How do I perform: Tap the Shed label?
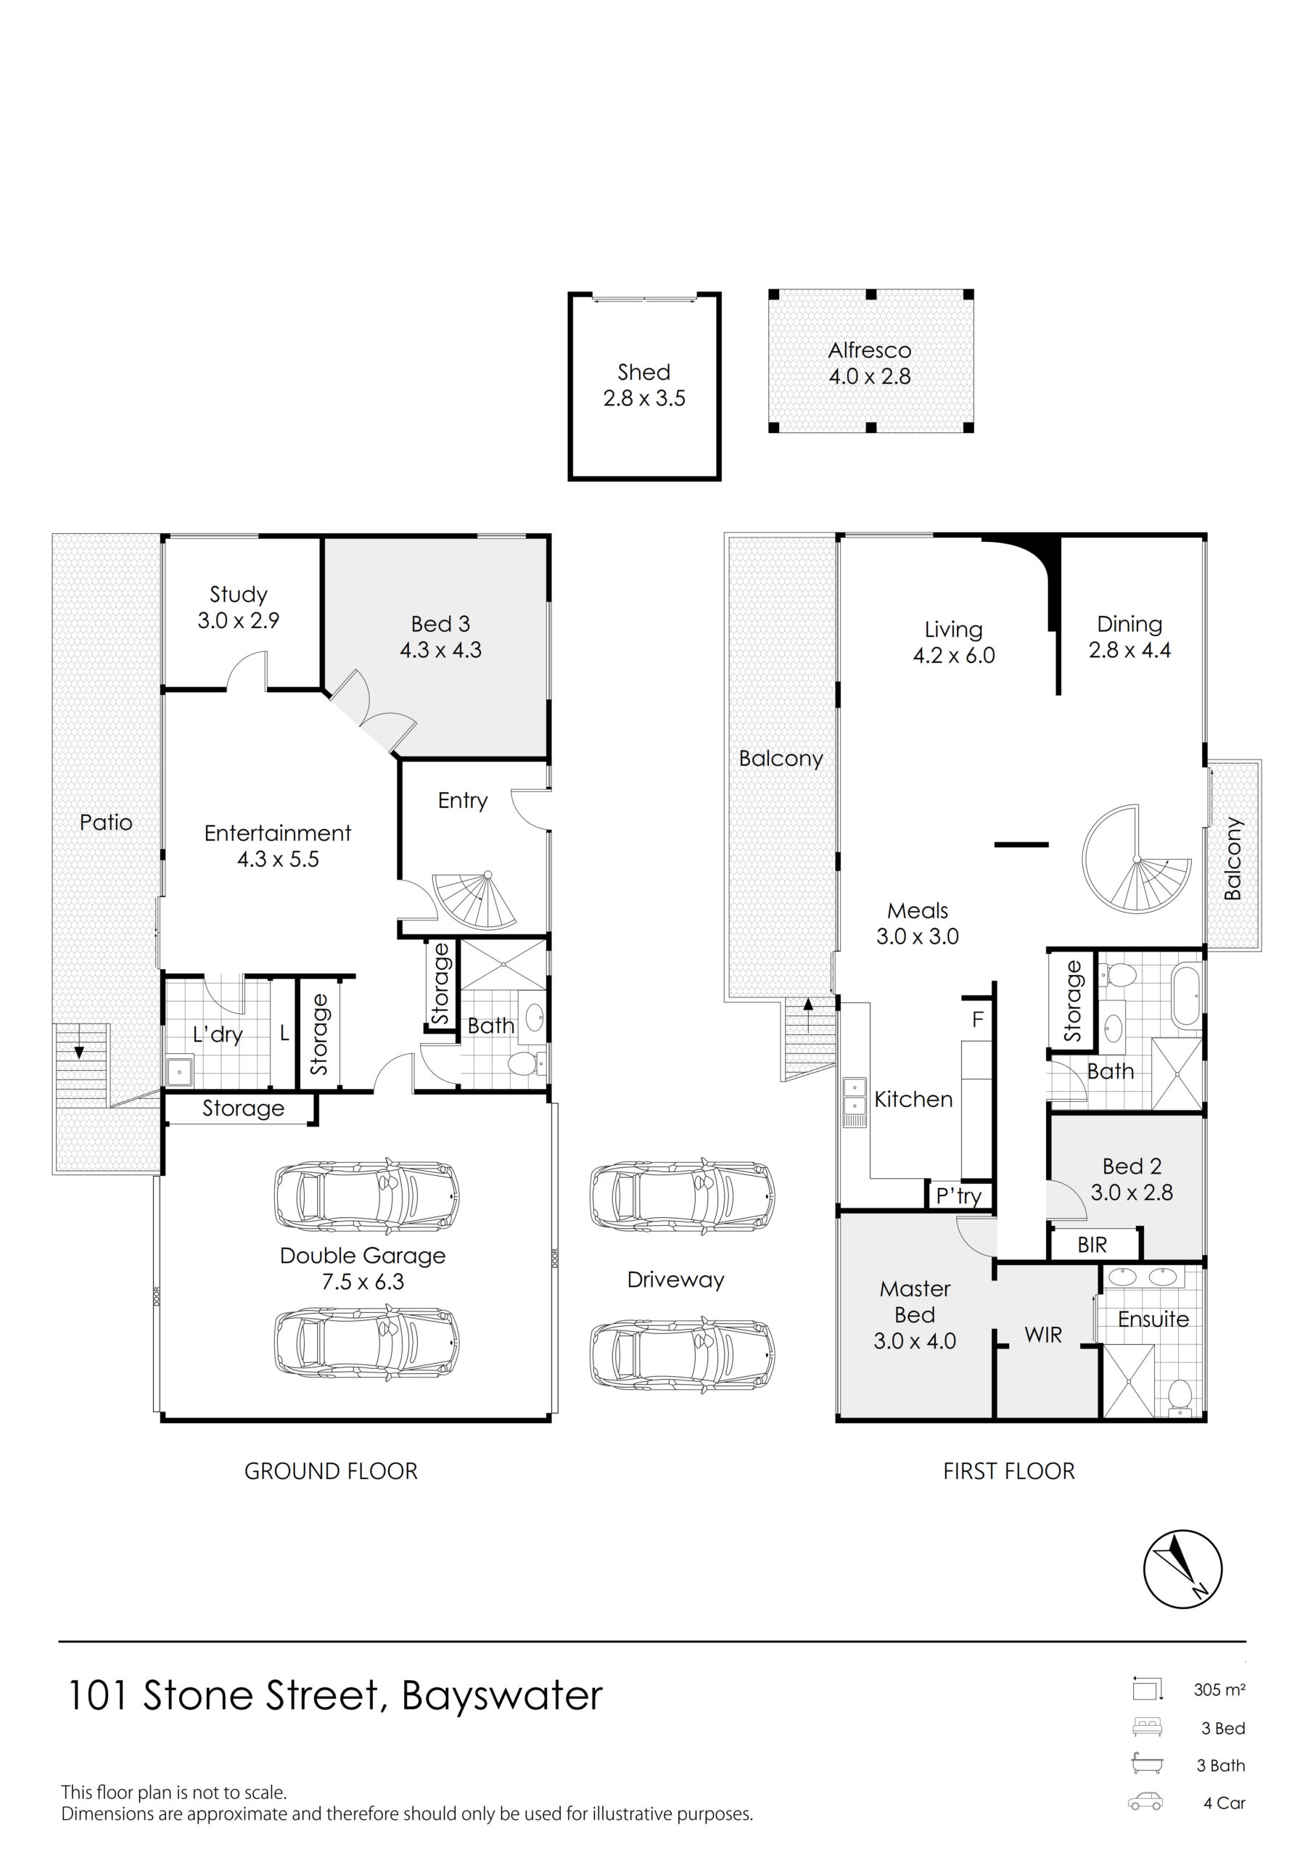click(x=644, y=372)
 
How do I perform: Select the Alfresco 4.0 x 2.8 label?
click(x=870, y=363)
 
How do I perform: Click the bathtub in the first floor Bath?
click(x=1187, y=997)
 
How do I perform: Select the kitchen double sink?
click(x=855, y=1100)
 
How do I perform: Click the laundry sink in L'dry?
click(x=178, y=1071)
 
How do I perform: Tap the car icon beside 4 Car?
click(x=1145, y=1802)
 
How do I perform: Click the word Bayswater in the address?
click(x=503, y=1697)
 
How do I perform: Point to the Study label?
click(x=239, y=595)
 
